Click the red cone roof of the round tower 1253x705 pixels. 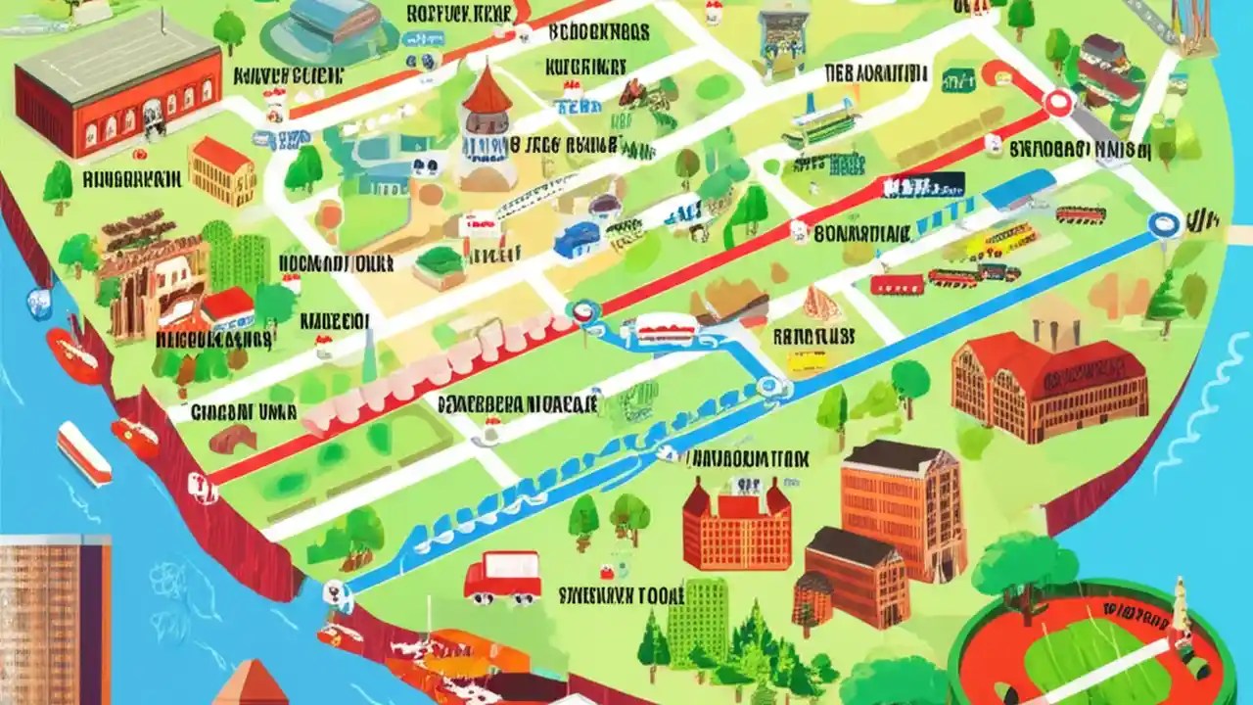click(487, 90)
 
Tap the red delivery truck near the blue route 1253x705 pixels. click(502, 577)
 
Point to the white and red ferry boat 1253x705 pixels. click(83, 453)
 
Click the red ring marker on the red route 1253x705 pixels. click(1057, 102)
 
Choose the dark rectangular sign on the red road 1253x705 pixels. click(922, 184)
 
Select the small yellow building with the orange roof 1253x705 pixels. click(221, 170)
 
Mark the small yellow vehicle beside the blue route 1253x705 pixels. click(807, 362)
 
